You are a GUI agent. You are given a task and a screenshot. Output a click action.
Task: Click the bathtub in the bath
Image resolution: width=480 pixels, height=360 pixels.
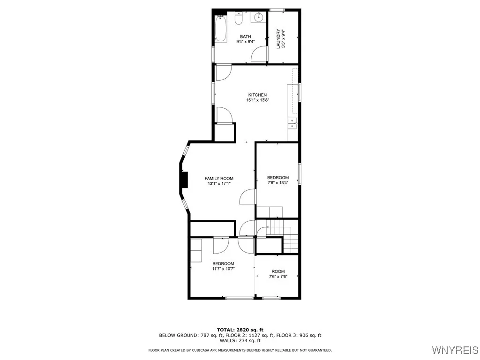220,29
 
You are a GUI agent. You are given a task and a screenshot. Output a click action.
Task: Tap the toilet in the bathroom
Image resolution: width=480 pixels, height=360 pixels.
239,19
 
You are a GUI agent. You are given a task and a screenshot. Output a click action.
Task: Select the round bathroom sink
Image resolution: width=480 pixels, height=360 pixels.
258,18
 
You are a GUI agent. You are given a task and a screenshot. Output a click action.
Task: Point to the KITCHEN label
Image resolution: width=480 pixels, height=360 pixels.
257,95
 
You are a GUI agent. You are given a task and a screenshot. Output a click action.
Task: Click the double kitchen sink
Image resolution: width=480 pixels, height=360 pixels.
292,124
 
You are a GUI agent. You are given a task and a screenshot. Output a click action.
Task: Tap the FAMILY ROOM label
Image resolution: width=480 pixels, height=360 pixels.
219,179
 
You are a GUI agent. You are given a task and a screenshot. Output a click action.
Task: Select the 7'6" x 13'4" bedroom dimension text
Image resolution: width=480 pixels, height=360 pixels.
278,183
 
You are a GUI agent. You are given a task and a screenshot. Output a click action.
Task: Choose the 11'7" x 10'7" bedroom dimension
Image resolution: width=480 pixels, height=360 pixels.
223,269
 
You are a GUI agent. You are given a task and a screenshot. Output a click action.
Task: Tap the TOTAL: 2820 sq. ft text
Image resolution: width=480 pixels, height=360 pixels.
240,330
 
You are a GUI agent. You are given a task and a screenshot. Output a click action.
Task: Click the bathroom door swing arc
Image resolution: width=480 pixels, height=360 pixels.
259,54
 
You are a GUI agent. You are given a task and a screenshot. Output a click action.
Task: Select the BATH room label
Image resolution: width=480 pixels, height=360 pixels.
245,37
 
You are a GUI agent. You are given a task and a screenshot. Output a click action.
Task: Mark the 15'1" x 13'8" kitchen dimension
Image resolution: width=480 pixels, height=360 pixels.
257,100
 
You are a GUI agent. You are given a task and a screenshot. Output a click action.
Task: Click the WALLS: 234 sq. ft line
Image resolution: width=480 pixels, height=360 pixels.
240,341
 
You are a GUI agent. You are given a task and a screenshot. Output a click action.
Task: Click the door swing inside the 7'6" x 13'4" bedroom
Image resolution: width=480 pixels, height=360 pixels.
247,197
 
